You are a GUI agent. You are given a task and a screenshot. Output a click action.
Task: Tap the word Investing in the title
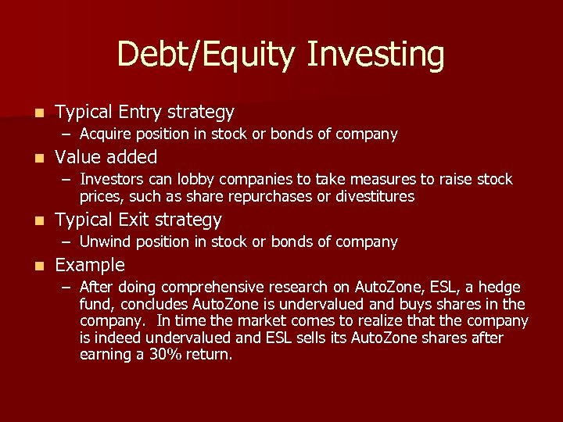pyautogui.click(x=376, y=55)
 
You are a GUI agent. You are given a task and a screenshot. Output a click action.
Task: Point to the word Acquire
pyautogui.click(x=106, y=134)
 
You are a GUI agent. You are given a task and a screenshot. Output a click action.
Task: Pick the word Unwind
pyautogui.click(x=105, y=242)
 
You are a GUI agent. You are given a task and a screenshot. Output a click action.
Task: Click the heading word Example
pyautogui.click(x=90, y=265)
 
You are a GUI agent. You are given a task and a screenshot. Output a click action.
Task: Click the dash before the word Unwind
pyautogui.click(x=67, y=242)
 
